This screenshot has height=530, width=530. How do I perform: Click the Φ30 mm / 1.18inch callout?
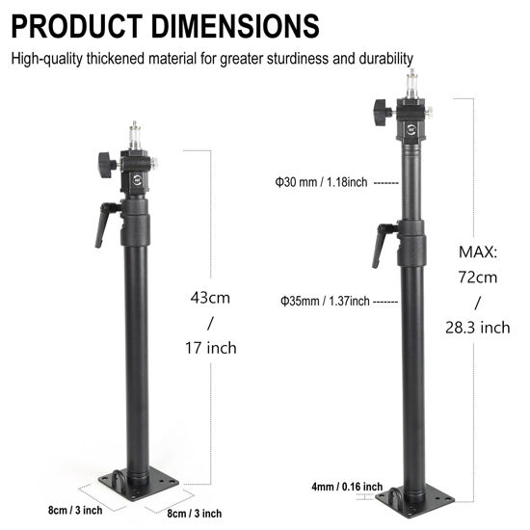point(321,181)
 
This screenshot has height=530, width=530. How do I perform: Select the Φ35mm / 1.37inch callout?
point(325,301)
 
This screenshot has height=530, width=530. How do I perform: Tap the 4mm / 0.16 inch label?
point(345,486)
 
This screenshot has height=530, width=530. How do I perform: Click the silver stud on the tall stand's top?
point(411,84)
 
